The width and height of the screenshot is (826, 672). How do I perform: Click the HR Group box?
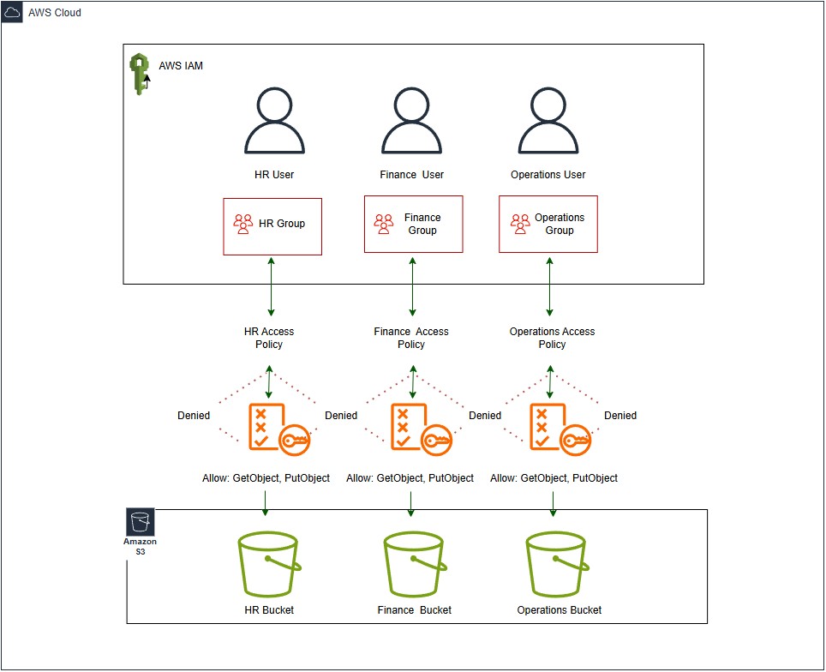272,226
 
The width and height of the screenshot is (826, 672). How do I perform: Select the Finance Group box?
413,224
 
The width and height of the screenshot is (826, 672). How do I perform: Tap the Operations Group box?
548,224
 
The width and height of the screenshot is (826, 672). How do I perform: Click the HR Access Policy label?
269,338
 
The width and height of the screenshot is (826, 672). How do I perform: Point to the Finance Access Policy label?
411,338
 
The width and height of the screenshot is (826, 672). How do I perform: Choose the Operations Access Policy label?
552,338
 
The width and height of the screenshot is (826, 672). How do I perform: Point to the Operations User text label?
548,175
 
